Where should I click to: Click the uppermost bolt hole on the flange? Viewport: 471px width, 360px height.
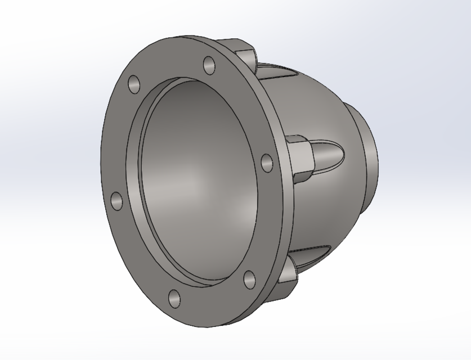pyautogui.click(x=209, y=65)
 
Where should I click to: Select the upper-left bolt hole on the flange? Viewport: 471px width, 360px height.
pyautogui.click(x=134, y=84)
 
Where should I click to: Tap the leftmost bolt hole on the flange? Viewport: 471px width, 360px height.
pyautogui.click(x=116, y=201)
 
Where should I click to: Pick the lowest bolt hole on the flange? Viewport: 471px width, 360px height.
pyautogui.click(x=174, y=298)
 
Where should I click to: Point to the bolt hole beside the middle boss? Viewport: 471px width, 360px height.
pyautogui.click(x=268, y=163)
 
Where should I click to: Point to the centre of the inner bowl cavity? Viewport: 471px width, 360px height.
pyautogui.click(x=197, y=180)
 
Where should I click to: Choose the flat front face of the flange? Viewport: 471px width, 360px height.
pyautogui.click(x=121, y=141)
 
